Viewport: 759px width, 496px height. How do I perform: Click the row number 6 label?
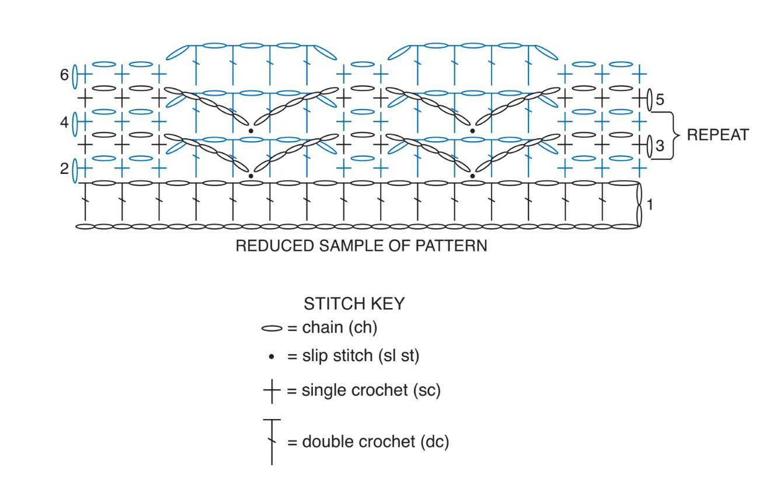[64, 75]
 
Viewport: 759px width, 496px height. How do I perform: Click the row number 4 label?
[64, 122]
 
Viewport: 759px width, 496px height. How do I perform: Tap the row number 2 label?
[64, 169]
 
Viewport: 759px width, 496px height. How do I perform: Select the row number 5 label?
[660, 100]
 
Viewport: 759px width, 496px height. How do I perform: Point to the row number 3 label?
[660, 146]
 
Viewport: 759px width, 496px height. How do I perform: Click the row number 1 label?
[650, 205]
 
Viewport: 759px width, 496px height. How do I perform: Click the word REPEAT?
[718, 135]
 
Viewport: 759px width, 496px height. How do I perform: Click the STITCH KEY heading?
[354, 303]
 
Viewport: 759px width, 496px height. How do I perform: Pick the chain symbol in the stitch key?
[271, 329]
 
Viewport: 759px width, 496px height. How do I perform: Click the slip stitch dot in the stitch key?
[271, 357]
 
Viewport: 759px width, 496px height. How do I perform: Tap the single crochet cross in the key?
[271, 391]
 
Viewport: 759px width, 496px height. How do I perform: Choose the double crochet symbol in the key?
[271, 442]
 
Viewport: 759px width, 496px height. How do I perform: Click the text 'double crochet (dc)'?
[375, 442]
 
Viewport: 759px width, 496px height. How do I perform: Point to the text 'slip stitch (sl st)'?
[361, 356]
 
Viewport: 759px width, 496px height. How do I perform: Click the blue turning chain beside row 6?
[75, 76]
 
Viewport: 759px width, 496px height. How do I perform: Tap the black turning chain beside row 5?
[649, 100]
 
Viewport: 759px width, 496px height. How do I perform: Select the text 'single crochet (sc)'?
[371, 390]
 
